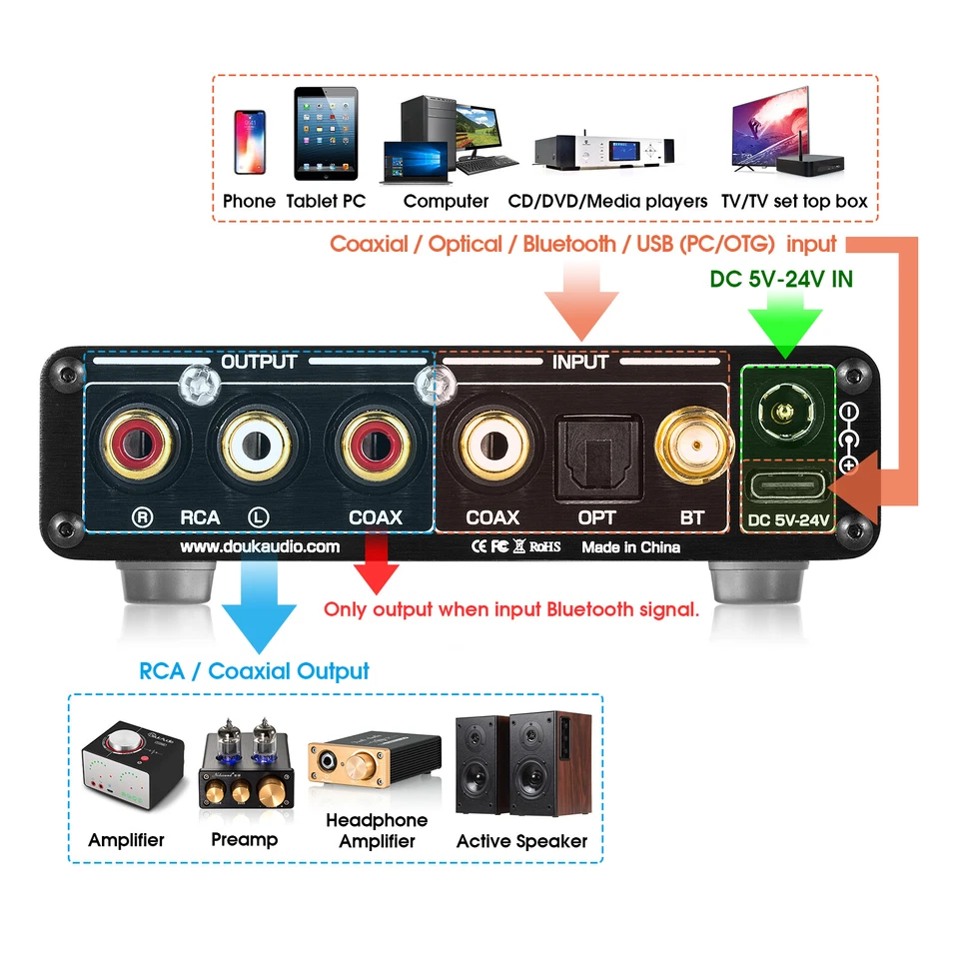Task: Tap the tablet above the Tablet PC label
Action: click(x=326, y=136)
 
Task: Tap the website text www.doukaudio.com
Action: click(x=259, y=547)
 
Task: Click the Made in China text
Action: click(x=630, y=547)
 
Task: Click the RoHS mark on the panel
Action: click(x=544, y=547)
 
